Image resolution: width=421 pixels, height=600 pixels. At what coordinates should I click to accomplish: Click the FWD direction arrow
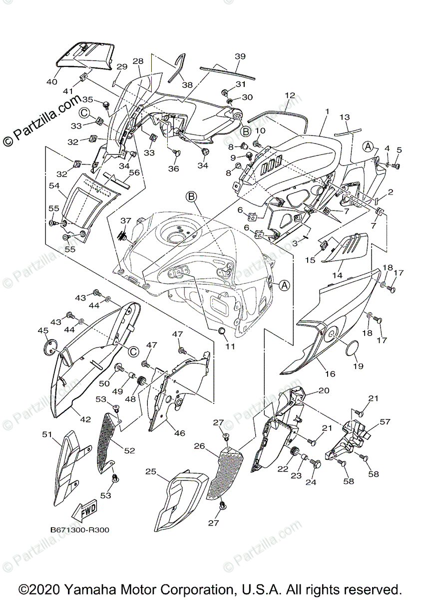[x=83, y=510]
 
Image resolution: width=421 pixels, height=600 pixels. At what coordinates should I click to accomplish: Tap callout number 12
[x=291, y=94]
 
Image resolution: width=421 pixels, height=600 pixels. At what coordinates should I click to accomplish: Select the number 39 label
[x=240, y=56]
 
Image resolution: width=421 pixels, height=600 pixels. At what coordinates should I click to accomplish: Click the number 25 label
[x=151, y=471]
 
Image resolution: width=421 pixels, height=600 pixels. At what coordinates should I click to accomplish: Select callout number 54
[x=54, y=185]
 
